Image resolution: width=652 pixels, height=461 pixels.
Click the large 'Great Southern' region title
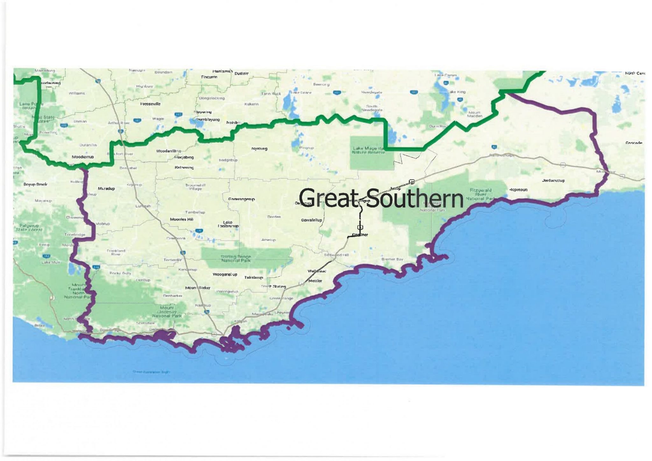[381, 199]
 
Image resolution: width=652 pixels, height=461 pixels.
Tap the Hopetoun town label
[518, 190]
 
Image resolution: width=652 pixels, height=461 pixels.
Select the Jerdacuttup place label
[553, 180]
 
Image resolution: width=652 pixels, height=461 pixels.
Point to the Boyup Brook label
[35, 184]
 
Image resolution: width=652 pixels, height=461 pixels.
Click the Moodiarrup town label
[83, 157]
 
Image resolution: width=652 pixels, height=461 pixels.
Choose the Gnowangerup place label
[241, 199]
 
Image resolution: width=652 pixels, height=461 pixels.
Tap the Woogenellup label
[225, 274]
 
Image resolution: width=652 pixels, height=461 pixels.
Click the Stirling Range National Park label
[236, 258]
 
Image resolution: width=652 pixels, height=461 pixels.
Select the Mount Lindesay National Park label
[167, 312]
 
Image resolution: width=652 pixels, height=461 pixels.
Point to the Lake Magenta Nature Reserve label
[369, 150]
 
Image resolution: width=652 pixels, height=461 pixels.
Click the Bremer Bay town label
[392, 259]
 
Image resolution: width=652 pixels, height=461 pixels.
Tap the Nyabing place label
[259, 149]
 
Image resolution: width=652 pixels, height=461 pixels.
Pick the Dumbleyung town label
[208, 120]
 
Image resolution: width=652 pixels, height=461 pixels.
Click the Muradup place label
[106, 189]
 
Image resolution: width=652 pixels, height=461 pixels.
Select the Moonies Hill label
[182, 219]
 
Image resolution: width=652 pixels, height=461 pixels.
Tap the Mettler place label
[315, 281]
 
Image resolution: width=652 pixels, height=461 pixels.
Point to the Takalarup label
[253, 277]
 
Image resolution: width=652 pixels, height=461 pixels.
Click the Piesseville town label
[150, 104]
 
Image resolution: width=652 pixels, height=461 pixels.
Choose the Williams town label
[77, 93]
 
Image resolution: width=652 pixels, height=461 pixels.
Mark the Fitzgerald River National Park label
[480, 194]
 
